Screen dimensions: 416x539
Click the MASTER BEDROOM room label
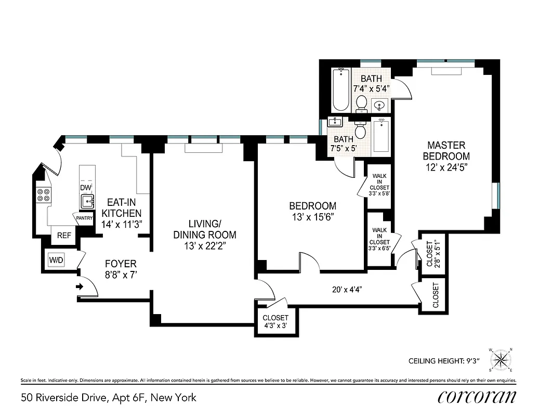(446, 151)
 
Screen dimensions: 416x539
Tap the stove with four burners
(44, 194)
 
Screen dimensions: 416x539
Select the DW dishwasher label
(85, 187)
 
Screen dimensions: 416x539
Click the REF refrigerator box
(64, 236)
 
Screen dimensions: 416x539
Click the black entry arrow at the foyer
(80, 286)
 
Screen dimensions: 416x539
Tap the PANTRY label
(84, 218)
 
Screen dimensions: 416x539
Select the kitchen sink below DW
(86, 200)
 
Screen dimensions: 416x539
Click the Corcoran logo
(477, 397)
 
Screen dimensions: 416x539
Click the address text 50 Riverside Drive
(109, 398)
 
